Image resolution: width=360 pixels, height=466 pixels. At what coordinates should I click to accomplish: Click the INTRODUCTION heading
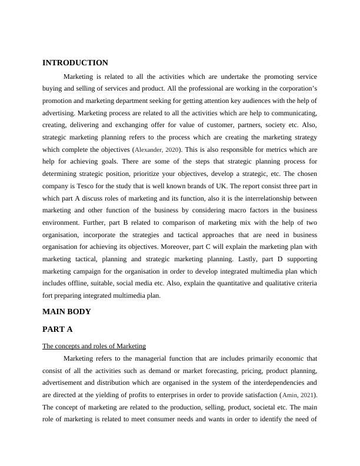75,63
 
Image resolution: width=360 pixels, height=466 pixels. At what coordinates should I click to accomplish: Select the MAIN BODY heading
66,311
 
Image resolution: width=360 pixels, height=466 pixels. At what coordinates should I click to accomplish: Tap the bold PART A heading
58,329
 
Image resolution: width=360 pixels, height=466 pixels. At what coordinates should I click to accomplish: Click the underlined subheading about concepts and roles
94,346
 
